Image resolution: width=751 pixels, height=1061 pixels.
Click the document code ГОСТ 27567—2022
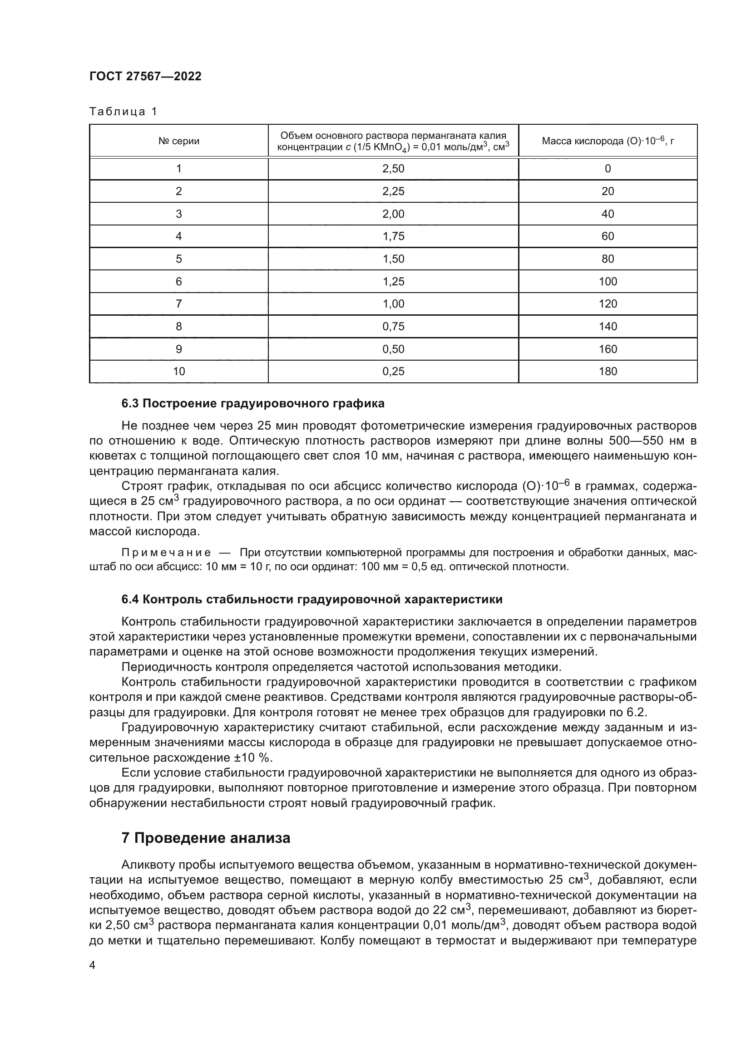(145, 76)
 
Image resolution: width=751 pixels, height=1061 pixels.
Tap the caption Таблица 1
(123, 112)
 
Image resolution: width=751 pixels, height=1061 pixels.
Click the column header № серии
(178, 141)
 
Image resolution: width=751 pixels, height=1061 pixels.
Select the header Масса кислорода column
(607, 141)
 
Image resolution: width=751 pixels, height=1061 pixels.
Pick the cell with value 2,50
(393, 169)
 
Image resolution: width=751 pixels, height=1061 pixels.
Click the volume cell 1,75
(393, 236)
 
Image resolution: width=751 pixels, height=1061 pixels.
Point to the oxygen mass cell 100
(607, 281)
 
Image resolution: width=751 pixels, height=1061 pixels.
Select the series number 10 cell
(178, 371)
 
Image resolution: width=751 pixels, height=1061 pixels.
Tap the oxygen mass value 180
(607, 371)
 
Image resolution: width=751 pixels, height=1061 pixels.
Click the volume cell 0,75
(393, 326)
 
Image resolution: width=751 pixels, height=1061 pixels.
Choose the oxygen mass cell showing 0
(607, 169)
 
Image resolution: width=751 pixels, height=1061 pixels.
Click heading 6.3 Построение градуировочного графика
(252, 403)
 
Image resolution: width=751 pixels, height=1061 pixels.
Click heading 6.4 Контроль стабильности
(311, 599)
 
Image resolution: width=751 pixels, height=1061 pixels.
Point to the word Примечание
(166, 553)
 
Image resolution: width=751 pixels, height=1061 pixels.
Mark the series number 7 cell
(178, 303)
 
